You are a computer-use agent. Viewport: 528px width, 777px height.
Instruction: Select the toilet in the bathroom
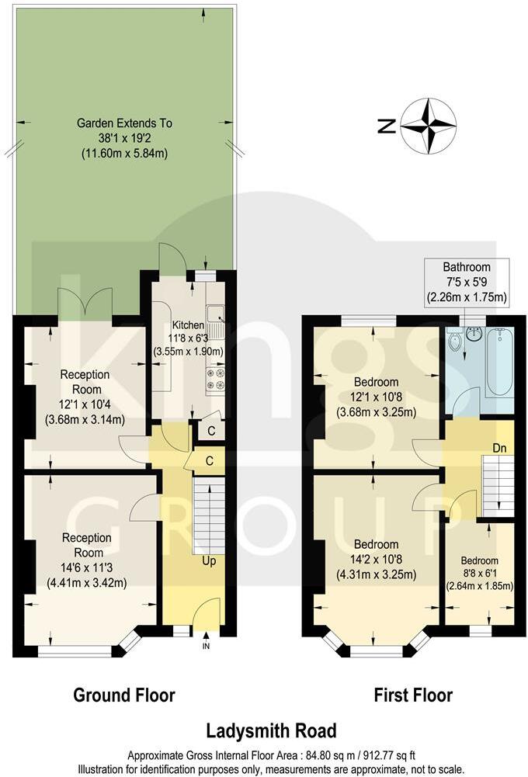(x=455, y=340)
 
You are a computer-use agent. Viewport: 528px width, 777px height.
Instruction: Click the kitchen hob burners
(x=215, y=379)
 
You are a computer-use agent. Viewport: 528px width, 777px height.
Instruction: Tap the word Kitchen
(x=188, y=325)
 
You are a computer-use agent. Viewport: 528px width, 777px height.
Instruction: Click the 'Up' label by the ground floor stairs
(x=209, y=560)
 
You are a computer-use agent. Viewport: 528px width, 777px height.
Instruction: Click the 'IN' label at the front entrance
(x=206, y=646)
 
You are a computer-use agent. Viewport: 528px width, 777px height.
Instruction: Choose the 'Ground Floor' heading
(x=124, y=694)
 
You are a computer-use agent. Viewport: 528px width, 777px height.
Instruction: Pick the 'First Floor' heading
(x=413, y=694)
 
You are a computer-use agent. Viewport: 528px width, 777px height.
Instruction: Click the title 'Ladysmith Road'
(x=271, y=730)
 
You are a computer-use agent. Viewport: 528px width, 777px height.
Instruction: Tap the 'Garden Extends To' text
(x=124, y=123)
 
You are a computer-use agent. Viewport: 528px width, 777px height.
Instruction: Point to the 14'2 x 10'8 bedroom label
(x=377, y=560)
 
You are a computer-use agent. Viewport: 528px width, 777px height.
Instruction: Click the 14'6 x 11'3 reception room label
(x=87, y=560)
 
